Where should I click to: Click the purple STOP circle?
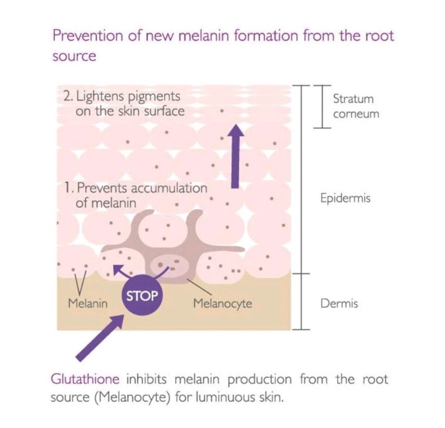coord(142,296)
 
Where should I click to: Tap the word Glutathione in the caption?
coord(85,380)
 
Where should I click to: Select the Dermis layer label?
coord(339,304)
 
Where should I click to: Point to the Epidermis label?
coord(345,198)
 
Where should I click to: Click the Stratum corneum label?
coord(356,106)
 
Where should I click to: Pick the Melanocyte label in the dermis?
coord(222,304)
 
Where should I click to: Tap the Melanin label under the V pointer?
coord(88,304)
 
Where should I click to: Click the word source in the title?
coord(74,56)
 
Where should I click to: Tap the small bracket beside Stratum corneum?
coord(322,106)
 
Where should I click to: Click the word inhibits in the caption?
coord(146,379)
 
